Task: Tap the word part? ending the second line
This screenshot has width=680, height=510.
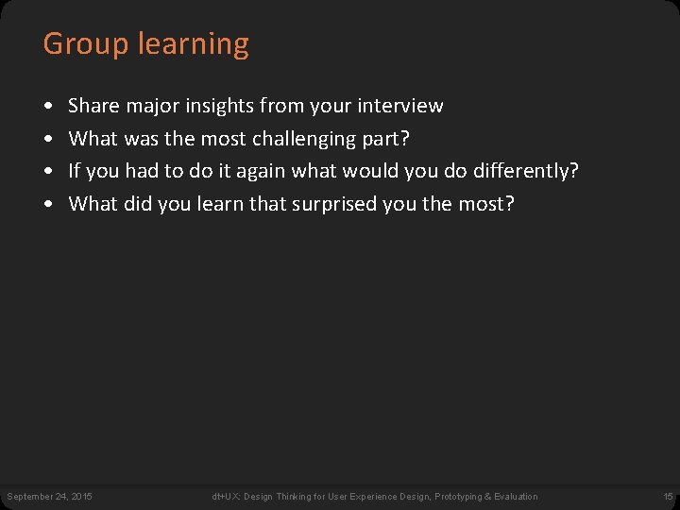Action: pos(386,139)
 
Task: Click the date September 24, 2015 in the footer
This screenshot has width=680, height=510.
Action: pos(49,497)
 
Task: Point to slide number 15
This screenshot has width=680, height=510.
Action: pos(668,497)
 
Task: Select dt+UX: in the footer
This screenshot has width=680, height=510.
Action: pos(225,497)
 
